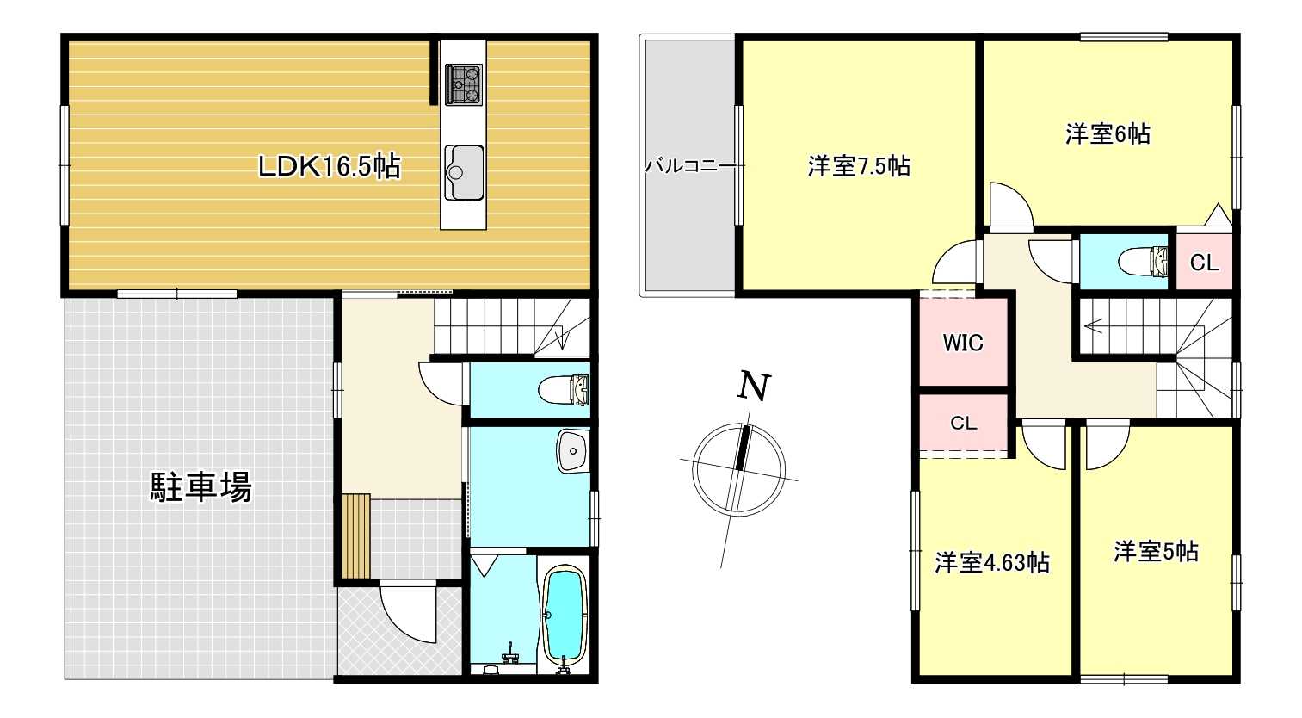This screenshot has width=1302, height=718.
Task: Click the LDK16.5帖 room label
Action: [330, 166]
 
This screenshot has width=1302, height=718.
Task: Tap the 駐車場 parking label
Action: [201, 488]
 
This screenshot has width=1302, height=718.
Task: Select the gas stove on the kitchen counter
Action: [464, 84]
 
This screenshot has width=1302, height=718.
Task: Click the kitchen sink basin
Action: [464, 170]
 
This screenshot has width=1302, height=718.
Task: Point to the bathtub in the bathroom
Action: [564, 614]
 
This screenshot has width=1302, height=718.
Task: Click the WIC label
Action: [962, 343]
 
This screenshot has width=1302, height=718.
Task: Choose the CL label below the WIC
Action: [963, 423]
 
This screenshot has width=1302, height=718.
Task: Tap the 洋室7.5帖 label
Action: [858, 165]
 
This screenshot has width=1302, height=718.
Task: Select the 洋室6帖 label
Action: [1108, 133]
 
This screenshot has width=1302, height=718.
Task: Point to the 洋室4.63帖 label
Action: [991, 563]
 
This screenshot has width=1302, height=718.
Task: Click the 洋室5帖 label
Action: [1156, 551]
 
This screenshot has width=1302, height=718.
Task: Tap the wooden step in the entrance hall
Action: [355, 536]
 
